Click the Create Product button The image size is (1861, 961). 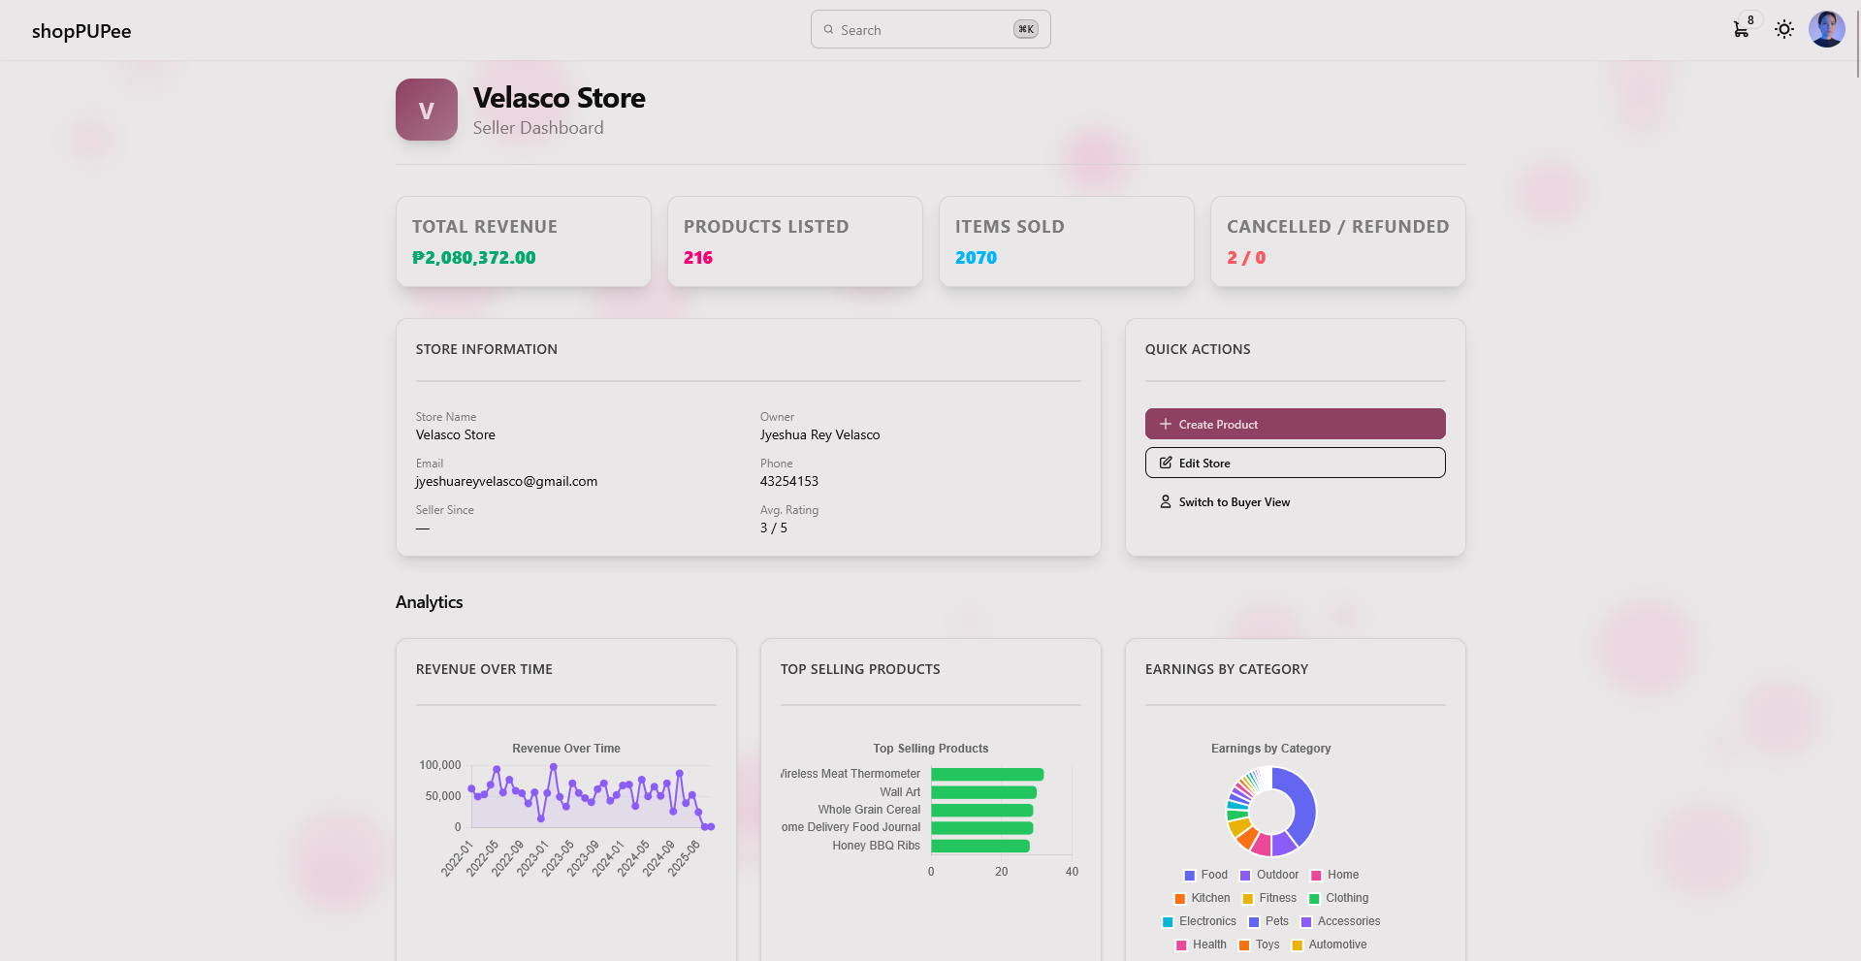coord(1295,424)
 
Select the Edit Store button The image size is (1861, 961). coord(1295,463)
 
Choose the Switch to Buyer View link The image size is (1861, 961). coord(1225,502)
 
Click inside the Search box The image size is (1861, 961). coord(930,29)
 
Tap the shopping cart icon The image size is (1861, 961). coord(1741,29)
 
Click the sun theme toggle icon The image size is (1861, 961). coord(1784,29)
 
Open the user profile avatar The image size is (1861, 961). coord(1827,29)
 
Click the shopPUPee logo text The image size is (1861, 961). coord(81,31)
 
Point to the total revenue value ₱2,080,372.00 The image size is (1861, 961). coord(474,258)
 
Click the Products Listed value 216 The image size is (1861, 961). coord(698,258)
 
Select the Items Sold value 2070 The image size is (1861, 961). coord(976,258)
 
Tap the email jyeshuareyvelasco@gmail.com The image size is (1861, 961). coord(506,481)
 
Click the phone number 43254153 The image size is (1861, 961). coord(789,481)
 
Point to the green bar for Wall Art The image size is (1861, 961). coord(983,792)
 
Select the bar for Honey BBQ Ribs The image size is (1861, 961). coord(980,846)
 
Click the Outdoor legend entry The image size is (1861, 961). coord(1269,875)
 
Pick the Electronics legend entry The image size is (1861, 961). coord(1200,921)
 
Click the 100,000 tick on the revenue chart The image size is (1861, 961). coord(440,765)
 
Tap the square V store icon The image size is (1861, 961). coord(427,110)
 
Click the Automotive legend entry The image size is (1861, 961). coord(1330,945)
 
